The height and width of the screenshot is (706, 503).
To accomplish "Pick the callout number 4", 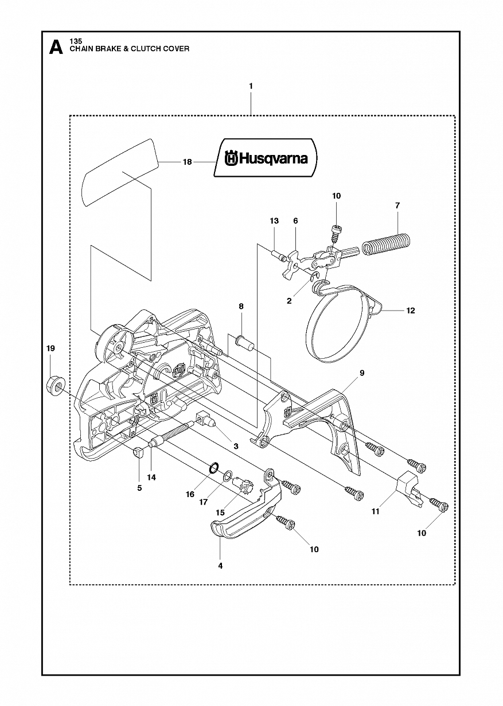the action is pyautogui.click(x=220, y=566).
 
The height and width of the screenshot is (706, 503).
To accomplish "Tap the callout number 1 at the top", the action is pyautogui.click(x=251, y=86).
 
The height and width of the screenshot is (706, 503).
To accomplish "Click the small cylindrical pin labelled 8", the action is pyautogui.click(x=244, y=343).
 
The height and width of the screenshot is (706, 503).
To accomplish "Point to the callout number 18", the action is pyautogui.click(x=188, y=162).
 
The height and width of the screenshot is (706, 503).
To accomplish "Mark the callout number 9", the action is pyautogui.click(x=362, y=373).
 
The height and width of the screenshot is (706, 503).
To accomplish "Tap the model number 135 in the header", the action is pyautogui.click(x=76, y=41).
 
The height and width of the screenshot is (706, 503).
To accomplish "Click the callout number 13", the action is pyautogui.click(x=274, y=221).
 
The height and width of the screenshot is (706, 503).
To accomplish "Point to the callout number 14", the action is pyautogui.click(x=151, y=478).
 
